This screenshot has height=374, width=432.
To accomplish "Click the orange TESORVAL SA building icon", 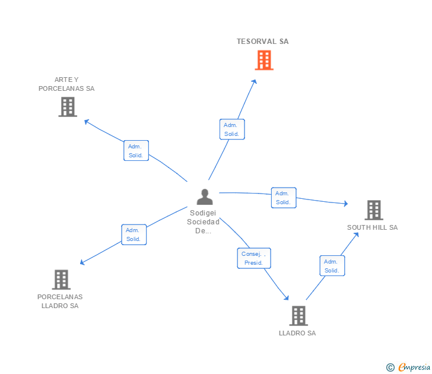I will point(264,60).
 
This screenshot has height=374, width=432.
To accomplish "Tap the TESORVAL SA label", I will point(263,42).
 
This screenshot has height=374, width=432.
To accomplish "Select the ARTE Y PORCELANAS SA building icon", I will point(68,107).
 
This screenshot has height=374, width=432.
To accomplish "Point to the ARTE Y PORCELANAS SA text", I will point(66,84).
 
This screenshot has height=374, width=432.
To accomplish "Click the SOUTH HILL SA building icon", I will point(373,210).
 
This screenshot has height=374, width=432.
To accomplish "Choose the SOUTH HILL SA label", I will point(372,227).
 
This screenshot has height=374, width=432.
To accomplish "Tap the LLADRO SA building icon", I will point(298,316).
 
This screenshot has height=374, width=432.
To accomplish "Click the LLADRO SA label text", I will point(297,333).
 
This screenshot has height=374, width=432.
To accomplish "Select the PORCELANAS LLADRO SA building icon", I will point(61,280).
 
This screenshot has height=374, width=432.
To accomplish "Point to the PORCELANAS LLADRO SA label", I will point(60,302).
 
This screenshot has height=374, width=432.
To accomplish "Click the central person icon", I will point(205,196).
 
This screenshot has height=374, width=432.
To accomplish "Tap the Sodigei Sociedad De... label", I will point(204,222).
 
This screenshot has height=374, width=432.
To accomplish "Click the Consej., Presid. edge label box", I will point(254,258).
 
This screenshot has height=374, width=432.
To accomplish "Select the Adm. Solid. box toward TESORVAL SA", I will point(231,129).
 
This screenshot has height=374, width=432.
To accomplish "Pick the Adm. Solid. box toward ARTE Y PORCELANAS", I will point(136,151).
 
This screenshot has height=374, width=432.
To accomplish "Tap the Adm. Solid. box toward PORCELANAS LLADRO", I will point(134,234).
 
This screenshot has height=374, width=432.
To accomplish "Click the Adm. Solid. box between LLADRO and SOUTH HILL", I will point(332,266).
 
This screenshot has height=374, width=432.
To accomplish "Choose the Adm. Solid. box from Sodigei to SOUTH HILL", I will point(283,198).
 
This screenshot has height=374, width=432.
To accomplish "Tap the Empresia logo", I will point(408,367).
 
